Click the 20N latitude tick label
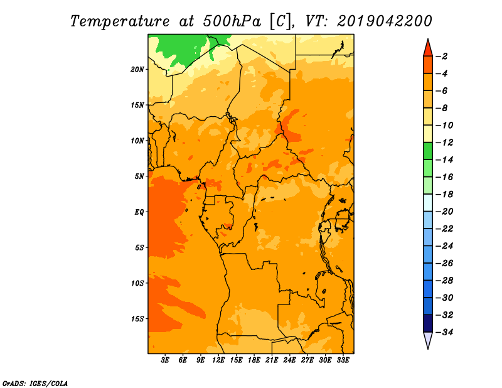pos(137,70)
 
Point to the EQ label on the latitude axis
pos(139,212)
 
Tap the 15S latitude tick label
pos(137,319)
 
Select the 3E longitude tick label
pos(165,360)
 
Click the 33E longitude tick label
pos(343,360)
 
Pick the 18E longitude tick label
pos(254,360)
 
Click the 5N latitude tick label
pos(139,176)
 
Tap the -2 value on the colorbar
pos(442,57)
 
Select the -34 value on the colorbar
pos(444,332)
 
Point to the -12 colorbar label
pos(444,143)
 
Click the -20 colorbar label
pos(444,212)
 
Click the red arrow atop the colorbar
pos(428,48)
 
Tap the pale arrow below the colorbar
pos(428,340)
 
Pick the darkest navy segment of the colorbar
pos(428,323)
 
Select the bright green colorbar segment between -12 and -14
pos(428,151)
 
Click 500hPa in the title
pos(232,21)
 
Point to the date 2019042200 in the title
pos(385,21)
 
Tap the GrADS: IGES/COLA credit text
pos(35,384)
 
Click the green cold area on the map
pos(184,48)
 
